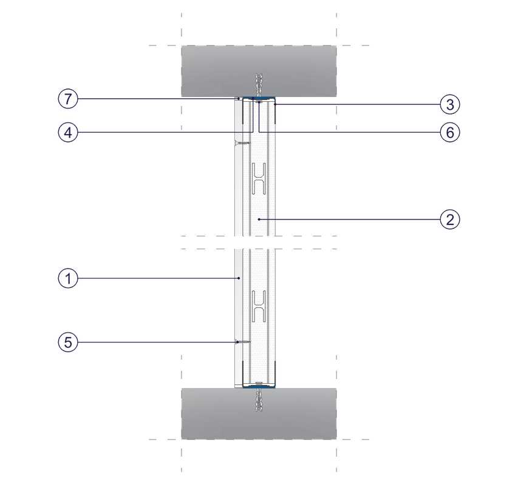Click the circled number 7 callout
tap(68, 99)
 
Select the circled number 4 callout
tap(68, 133)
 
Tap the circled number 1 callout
tap(68, 279)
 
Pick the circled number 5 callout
tap(68, 342)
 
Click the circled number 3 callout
tap(450, 104)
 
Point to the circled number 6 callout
tap(450, 133)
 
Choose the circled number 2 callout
tap(450, 219)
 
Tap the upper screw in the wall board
tap(242, 142)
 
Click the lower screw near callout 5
tap(242, 342)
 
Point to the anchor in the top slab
tap(259, 85)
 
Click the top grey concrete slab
tap(259, 71)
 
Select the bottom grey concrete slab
tap(259, 413)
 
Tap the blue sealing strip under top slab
tap(259, 98)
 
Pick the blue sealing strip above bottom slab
tap(259, 387)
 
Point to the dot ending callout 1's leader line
tap(239, 279)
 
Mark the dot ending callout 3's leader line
tap(275, 104)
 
